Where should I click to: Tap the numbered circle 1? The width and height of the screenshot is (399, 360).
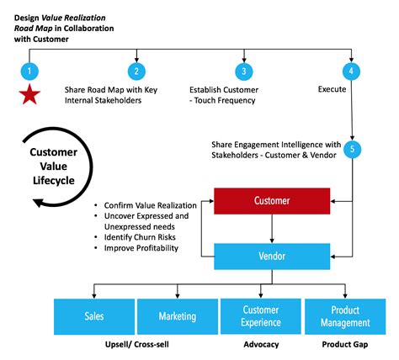click(29, 71)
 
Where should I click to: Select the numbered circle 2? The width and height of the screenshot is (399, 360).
click(135, 71)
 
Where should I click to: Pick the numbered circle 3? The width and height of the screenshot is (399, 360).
click(242, 71)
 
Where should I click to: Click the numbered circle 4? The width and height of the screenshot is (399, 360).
click(352, 71)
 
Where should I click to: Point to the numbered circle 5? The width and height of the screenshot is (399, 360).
click(354, 150)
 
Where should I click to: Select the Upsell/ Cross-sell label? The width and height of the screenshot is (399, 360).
click(136, 346)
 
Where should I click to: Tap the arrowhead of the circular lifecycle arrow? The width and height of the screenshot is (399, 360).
click(37, 201)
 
